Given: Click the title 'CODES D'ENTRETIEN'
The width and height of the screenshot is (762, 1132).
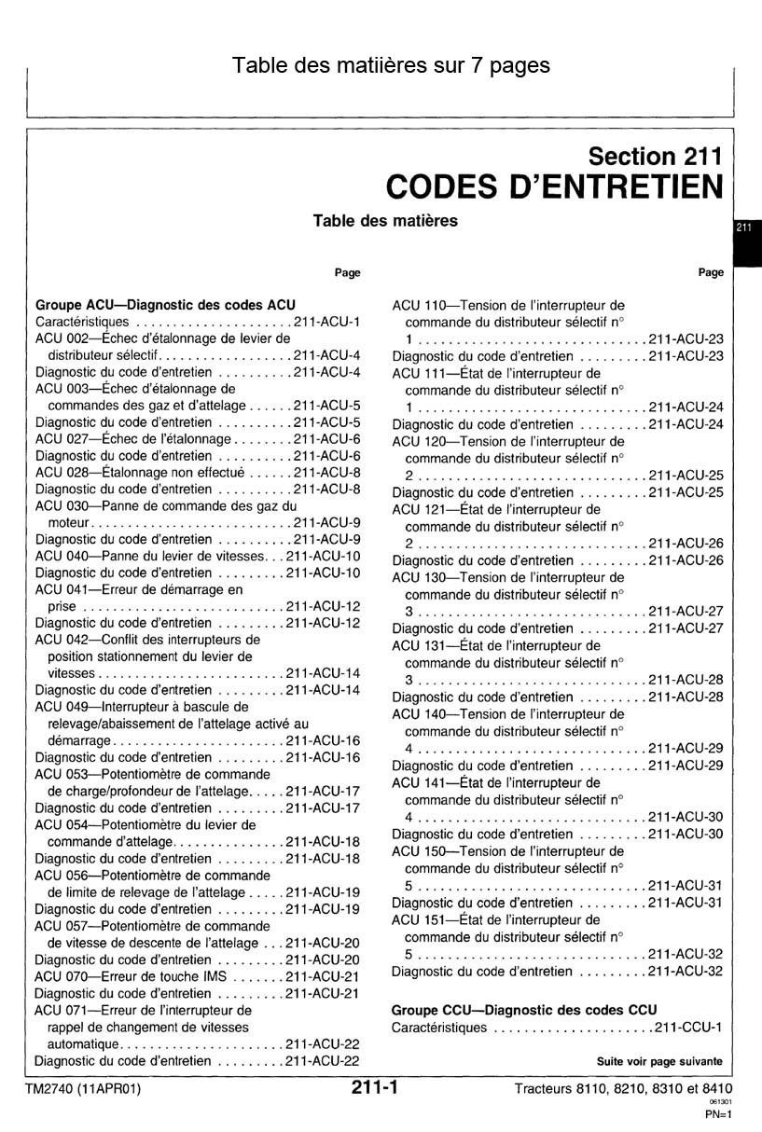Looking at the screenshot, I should pyautogui.click(x=554, y=186).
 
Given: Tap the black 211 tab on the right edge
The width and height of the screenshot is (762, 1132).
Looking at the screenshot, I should pyautogui.click(x=745, y=228).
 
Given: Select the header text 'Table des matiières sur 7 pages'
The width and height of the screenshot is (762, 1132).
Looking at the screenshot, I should pyautogui.click(x=391, y=65).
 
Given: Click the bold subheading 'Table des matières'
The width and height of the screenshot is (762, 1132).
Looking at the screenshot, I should pyautogui.click(x=385, y=221).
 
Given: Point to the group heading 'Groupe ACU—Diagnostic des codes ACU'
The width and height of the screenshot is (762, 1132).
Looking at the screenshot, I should pyautogui.click(x=165, y=305).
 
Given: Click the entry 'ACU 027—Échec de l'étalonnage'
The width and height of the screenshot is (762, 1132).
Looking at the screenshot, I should pyautogui.click(x=132, y=439).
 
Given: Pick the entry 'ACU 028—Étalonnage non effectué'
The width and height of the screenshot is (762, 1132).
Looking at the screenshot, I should pyautogui.click(x=139, y=473).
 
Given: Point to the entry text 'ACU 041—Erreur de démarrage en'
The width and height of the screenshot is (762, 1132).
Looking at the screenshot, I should pyautogui.click(x=139, y=589).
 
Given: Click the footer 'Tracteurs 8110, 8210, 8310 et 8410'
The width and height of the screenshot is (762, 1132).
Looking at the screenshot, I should pyautogui.click(x=622, y=1088).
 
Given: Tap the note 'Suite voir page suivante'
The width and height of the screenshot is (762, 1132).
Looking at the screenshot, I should pyautogui.click(x=659, y=1061).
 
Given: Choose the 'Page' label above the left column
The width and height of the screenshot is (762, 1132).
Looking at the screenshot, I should pyautogui.click(x=348, y=272).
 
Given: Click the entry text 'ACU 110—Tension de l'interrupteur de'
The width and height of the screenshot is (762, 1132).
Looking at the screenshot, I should pyautogui.click(x=508, y=305).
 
